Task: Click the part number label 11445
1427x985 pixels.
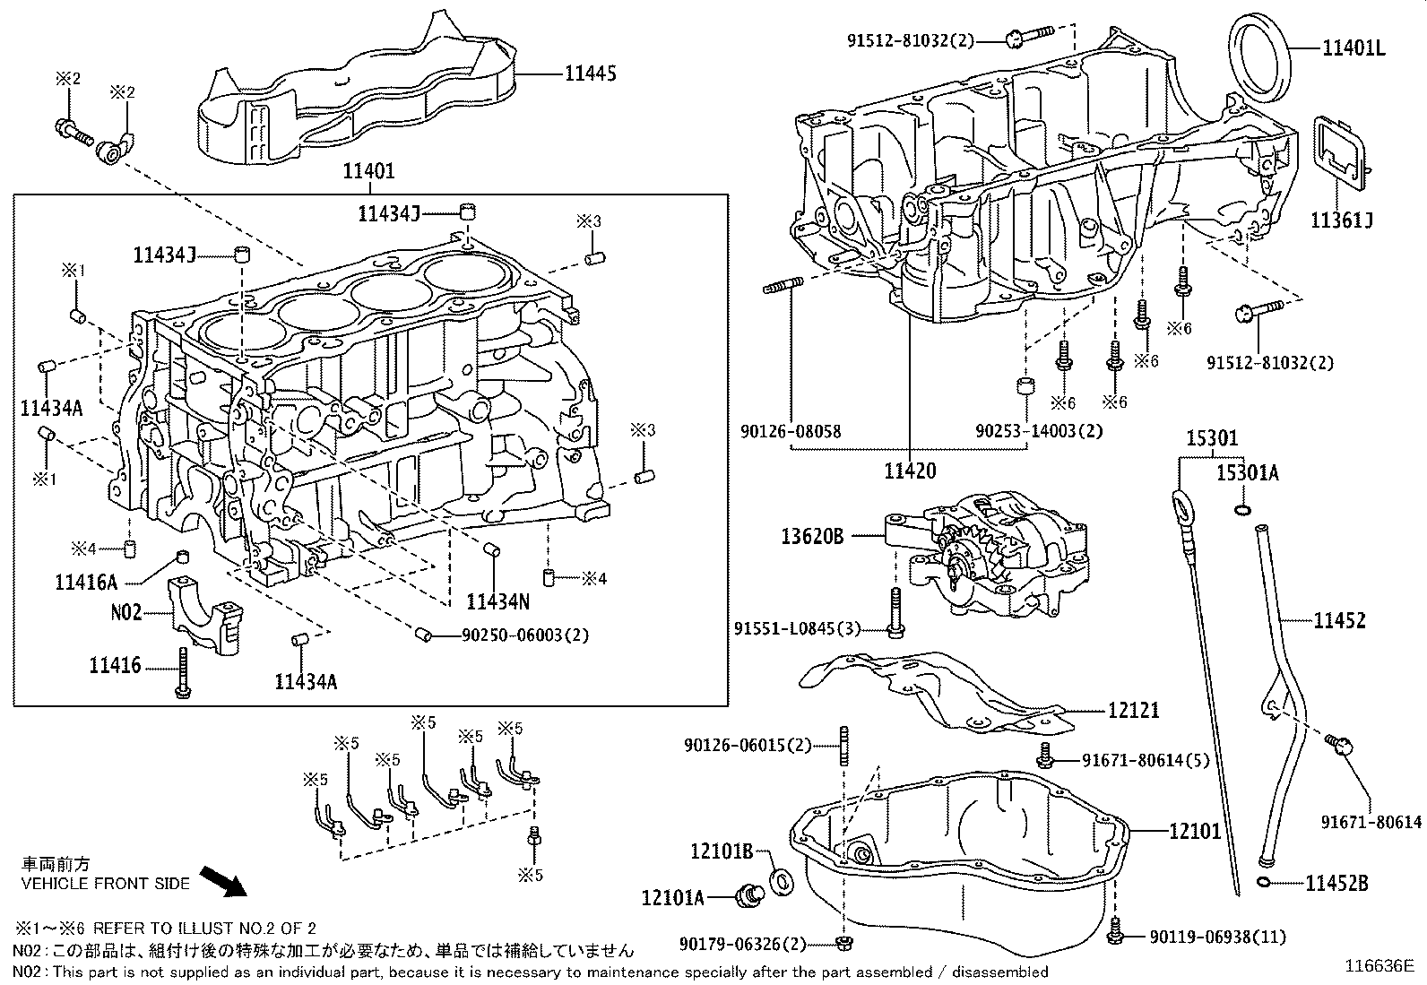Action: (x=590, y=73)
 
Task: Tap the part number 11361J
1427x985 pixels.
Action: (x=1341, y=220)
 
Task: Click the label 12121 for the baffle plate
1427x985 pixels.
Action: (x=1133, y=711)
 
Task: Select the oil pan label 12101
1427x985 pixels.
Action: (x=1194, y=831)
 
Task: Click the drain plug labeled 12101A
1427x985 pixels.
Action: (x=747, y=894)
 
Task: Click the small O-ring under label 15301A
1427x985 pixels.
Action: (x=1241, y=510)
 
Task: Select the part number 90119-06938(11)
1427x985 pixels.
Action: (x=1217, y=937)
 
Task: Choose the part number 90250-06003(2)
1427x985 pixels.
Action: (x=524, y=635)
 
